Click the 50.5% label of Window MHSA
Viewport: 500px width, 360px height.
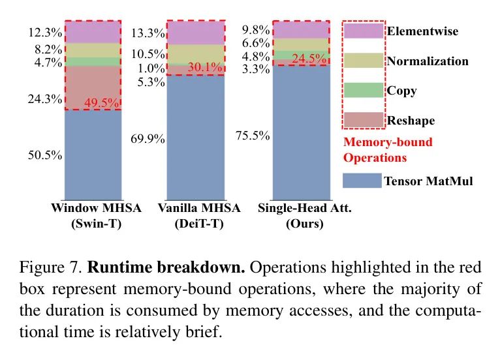(45, 155)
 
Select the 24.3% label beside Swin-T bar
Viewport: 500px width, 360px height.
(45, 99)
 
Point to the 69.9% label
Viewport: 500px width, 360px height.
(148, 139)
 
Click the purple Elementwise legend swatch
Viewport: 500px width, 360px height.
(362, 31)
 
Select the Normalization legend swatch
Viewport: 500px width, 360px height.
(362, 61)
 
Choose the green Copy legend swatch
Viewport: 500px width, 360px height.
(362, 91)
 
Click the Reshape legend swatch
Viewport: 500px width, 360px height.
(362, 121)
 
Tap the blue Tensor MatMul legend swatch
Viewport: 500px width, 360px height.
(362, 181)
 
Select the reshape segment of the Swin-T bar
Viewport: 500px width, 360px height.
(92, 87)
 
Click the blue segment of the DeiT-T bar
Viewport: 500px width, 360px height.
(196, 137)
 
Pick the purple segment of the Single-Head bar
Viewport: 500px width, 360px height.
(300, 29)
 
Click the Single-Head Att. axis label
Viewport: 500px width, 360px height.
(300, 209)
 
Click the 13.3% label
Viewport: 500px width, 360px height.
(148, 33)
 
